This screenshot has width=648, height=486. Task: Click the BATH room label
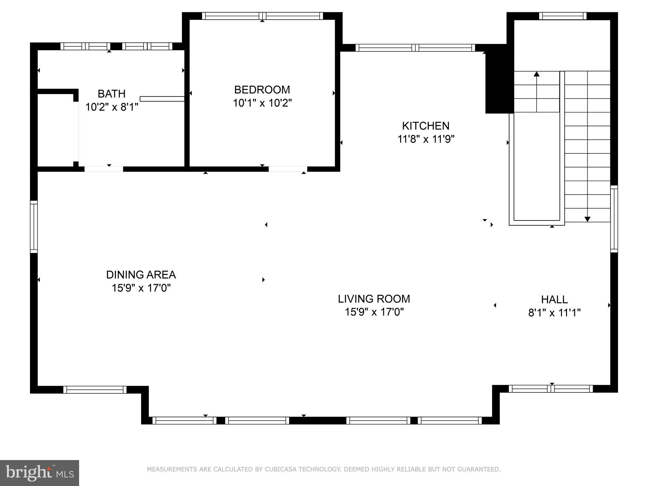click(111, 94)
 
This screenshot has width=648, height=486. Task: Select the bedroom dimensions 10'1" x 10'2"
click(262, 103)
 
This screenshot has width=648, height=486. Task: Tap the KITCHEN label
click(426, 126)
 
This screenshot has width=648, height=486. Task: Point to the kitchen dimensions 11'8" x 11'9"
click(426, 139)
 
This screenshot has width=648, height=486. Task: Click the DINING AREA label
click(141, 275)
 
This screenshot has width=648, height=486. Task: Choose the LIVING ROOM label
click(374, 299)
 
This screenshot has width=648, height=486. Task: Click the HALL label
click(554, 299)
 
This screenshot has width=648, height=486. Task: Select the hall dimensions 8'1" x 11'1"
click(554, 313)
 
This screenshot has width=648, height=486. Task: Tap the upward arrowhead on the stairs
click(536, 74)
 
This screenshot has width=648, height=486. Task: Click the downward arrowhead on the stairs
click(587, 219)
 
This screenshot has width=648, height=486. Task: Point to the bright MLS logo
click(39, 473)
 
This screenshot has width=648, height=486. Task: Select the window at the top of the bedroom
click(262, 16)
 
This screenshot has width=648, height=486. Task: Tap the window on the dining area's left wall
click(34, 227)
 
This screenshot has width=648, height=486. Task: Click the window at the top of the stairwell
click(563, 16)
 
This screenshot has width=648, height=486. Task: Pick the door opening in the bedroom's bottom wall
click(288, 169)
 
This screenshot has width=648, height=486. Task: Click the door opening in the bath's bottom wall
click(103, 169)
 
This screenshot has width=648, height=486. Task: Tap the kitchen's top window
click(415, 48)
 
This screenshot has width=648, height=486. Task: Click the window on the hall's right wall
click(614, 219)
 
